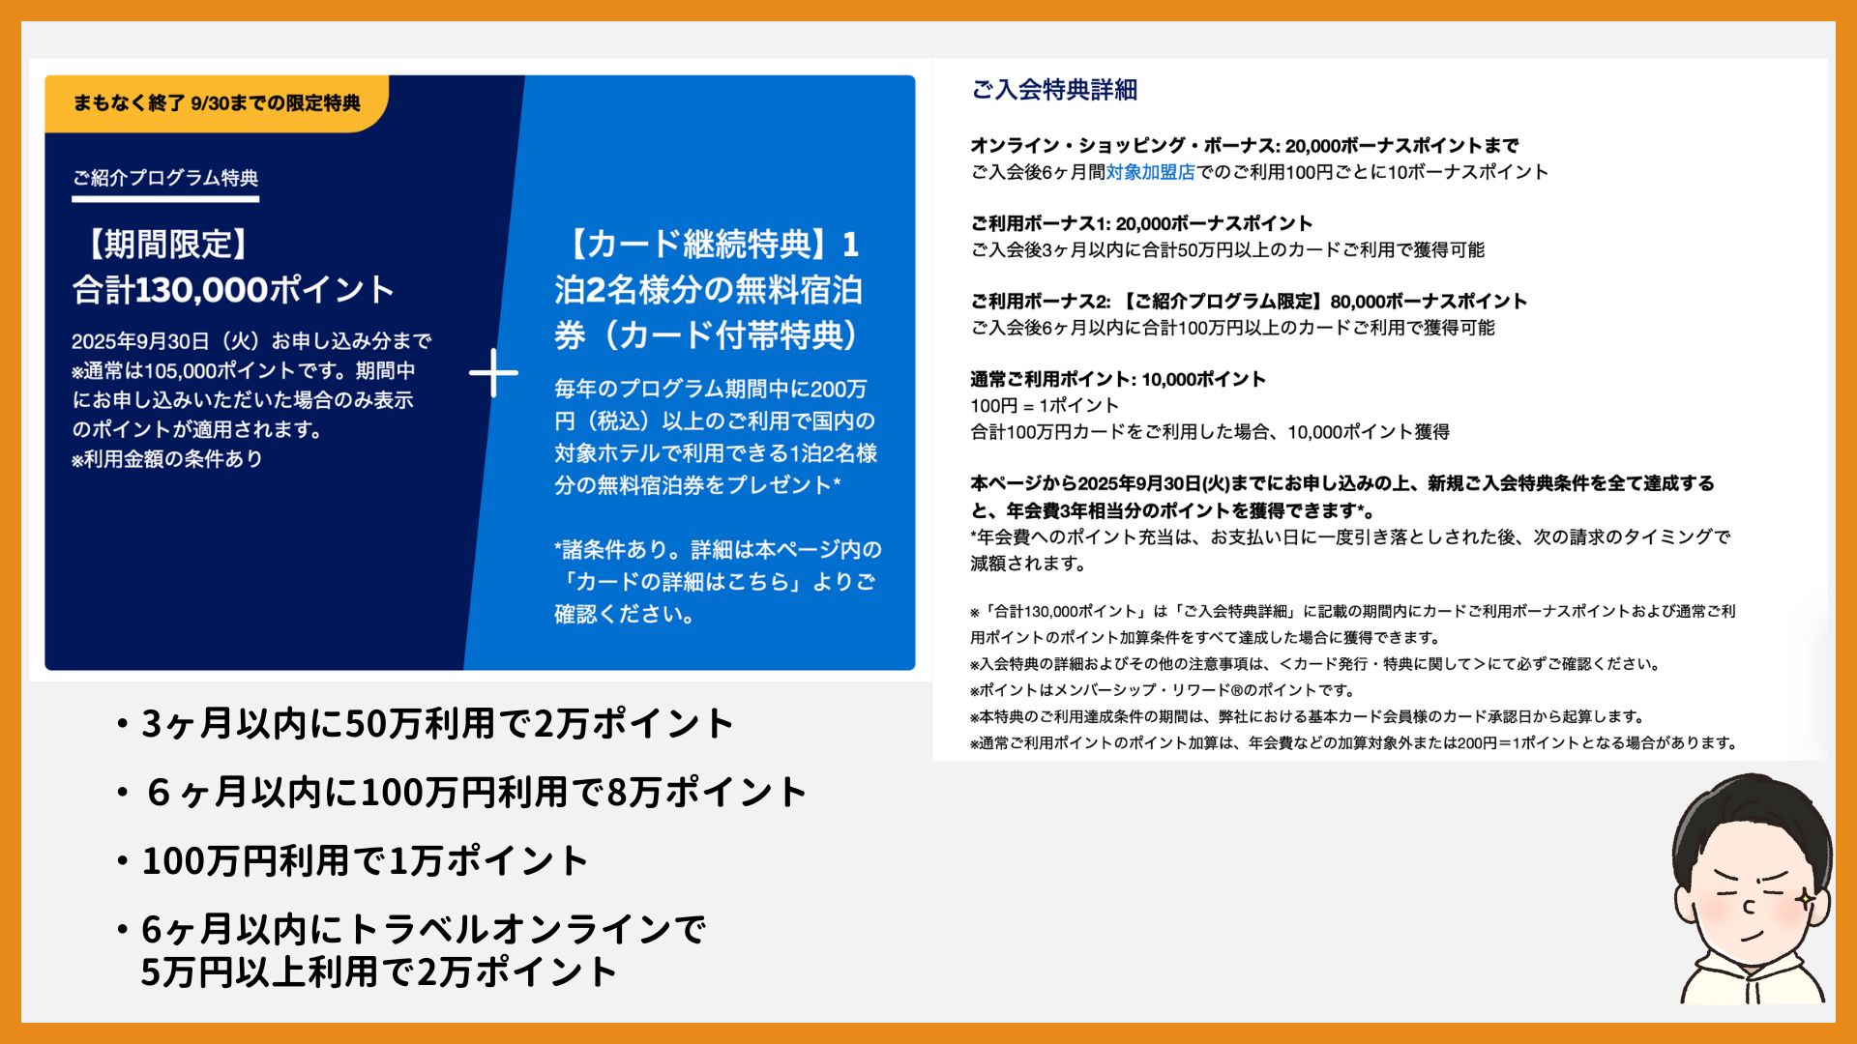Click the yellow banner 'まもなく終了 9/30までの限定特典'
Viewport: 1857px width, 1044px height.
click(217, 103)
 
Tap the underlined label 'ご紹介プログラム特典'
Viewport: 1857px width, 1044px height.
click(165, 178)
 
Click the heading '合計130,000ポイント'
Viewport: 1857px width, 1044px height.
click(233, 290)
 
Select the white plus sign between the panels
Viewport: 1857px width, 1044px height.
click(493, 373)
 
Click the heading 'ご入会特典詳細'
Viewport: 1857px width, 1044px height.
click(1054, 90)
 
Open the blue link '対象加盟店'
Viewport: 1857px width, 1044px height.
click(1151, 172)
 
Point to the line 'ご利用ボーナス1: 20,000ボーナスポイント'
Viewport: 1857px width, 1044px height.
click(1141, 223)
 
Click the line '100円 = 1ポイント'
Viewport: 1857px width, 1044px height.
click(1045, 406)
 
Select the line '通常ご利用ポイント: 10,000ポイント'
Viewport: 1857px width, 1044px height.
click(1118, 379)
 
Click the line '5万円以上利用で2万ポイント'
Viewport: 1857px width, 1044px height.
click(378, 971)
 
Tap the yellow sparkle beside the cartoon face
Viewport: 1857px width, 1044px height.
click(1805, 899)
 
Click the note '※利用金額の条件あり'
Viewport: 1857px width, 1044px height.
click(166, 459)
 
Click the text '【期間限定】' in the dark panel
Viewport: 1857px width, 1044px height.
click(167, 245)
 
